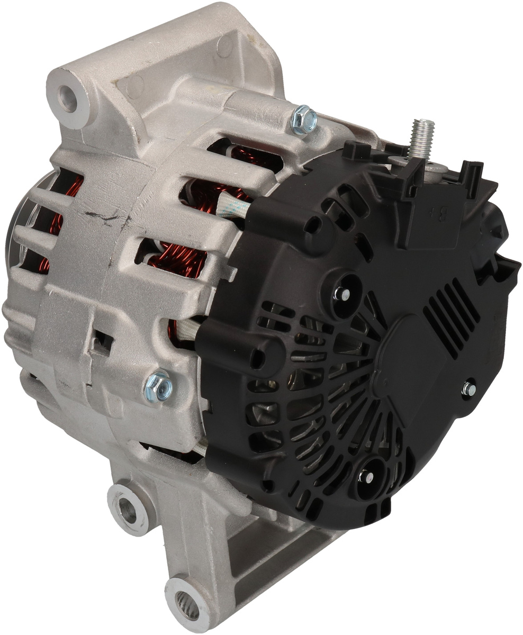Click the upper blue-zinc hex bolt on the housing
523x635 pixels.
(304, 119)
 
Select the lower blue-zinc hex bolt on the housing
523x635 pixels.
(158, 387)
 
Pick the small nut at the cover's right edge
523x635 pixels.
(469, 389)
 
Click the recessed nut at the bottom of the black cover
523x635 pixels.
(366, 477)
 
